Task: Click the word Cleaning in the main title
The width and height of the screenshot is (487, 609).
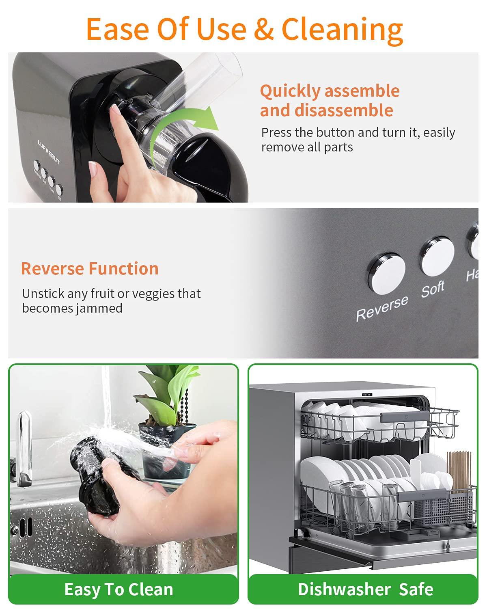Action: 342,29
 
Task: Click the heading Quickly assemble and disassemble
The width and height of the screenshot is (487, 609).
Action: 330,100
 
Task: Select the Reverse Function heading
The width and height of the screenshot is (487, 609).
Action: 90,268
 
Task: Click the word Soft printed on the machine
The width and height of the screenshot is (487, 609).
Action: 433,289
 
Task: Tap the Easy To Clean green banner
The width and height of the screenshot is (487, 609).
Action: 119,589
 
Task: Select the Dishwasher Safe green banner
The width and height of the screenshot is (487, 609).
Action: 365,589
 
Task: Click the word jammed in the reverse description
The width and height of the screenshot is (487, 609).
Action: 98,308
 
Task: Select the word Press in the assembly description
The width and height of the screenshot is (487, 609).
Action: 275,132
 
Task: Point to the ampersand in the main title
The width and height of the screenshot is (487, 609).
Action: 264,29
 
